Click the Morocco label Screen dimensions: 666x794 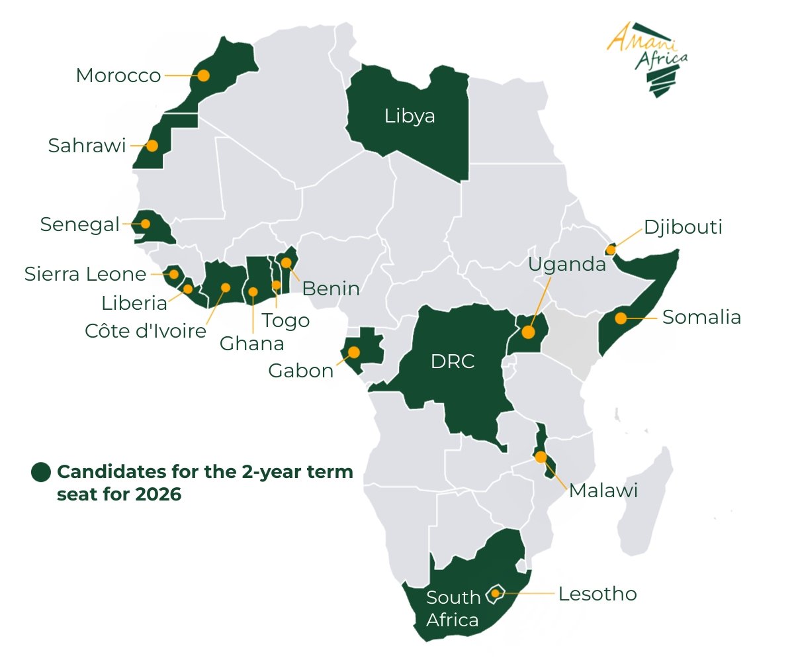pyautogui.click(x=118, y=75)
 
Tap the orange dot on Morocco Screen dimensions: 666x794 pyautogui.click(x=203, y=75)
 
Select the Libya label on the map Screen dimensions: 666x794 pyautogui.click(x=410, y=117)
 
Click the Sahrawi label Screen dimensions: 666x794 pyautogui.click(x=87, y=146)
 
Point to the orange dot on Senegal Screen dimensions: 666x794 pyautogui.click(x=144, y=224)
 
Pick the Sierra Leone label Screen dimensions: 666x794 pyautogui.click(x=85, y=274)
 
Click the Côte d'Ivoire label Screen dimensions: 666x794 pyautogui.click(x=146, y=331)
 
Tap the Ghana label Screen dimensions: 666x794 pyautogui.click(x=251, y=344)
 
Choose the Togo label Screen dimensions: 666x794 pyautogui.click(x=285, y=320)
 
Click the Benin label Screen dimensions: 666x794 pyautogui.click(x=331, y=289)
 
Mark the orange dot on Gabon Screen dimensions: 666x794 pyautogui.click(x=354, y=352)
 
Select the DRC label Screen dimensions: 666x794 pyautogui.click(x=453, y=362)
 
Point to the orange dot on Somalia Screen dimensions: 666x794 pyautogui.click(x=620, y=318)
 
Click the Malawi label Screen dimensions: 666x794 pyautogui.click(x=603, y=491)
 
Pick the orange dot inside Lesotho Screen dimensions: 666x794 pyautogui.click(x=495, y=593)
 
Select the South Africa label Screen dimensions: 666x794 pyautogui.click(x=453, y=608)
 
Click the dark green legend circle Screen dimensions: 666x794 pyautogui.click(x=41, y=472)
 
